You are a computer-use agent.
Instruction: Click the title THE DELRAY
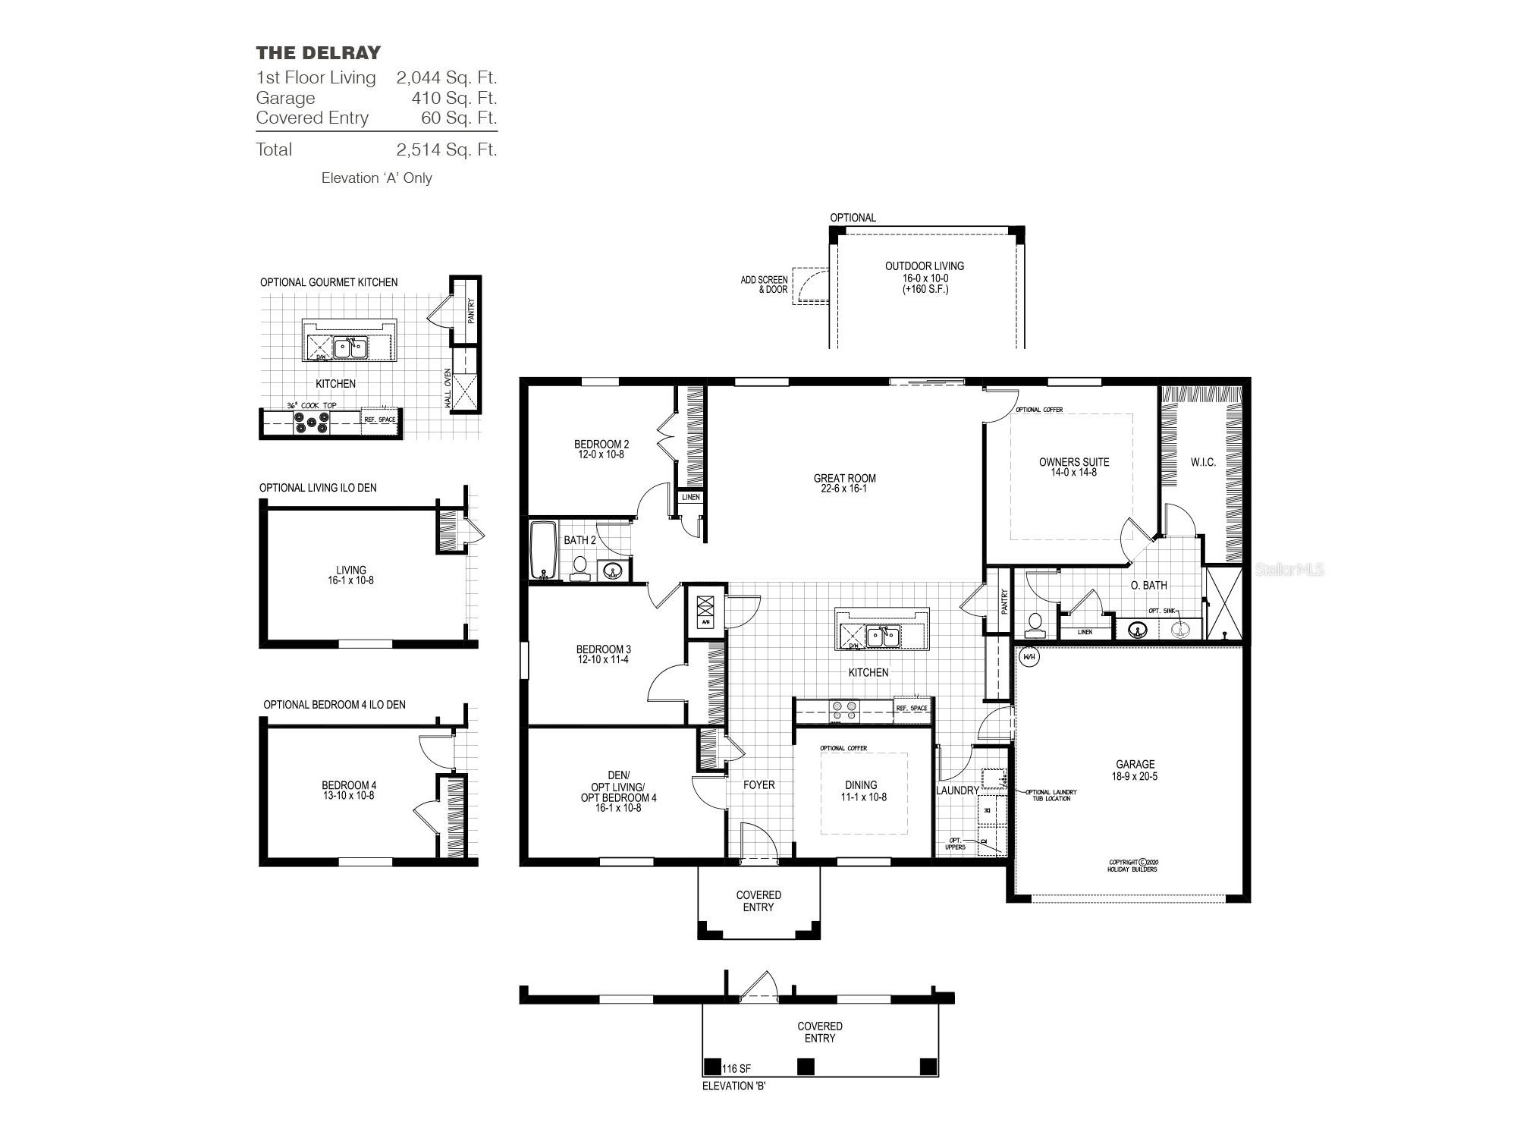tap(318, 53)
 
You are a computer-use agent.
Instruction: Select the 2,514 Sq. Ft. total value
tap(446, 149)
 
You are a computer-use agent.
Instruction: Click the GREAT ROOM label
tap(844, 479)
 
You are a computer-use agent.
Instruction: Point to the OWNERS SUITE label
tap(1073, 462)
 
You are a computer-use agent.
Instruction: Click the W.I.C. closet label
tap(1203, 463)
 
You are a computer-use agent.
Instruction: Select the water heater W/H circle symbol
tap(1029, 657)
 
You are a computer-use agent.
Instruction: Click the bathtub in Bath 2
tap(542, 549)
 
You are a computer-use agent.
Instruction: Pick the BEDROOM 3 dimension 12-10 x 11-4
tap(603, 660)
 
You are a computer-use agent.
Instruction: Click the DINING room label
tap(861, 785)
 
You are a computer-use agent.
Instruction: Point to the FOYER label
tap(758, 785)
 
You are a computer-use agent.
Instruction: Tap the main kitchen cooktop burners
tap(844, 710)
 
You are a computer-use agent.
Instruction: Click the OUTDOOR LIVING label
tap(925, 266)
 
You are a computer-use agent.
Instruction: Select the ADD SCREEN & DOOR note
tap(764, 284)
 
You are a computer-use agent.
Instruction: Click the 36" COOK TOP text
tap(311, 406)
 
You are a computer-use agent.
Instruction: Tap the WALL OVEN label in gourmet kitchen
tap(448, 388)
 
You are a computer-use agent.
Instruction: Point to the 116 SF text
tap(736, 1068)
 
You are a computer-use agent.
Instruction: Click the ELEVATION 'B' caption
tap(733, 1086)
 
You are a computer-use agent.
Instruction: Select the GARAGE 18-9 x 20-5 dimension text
tap(1135, 777)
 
